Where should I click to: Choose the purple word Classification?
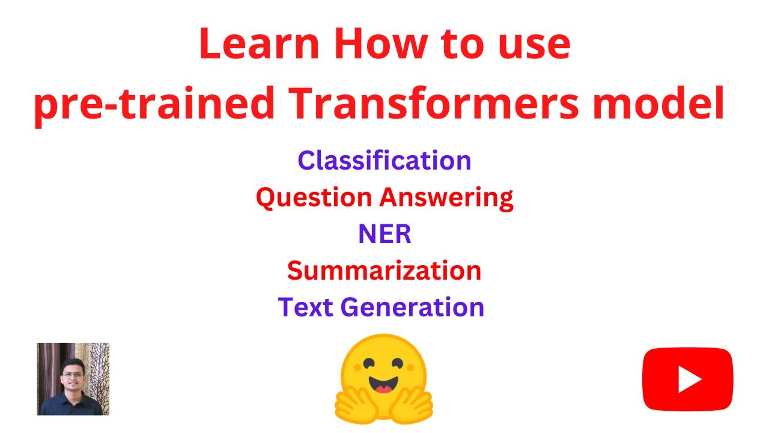(x=384, y=161)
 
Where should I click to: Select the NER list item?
(x=384, y=235)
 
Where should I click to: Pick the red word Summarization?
(x=384, y=271)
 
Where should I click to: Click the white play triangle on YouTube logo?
(x=689, y=379)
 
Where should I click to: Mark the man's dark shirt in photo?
(x=70, y=405)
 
